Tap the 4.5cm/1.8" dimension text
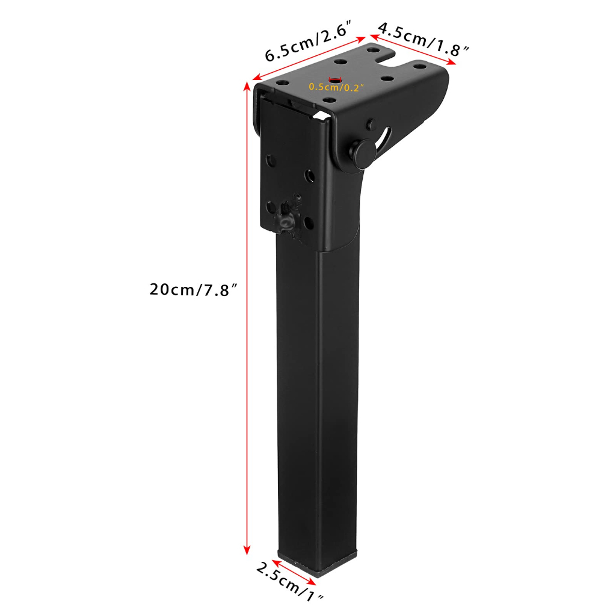[423, 39]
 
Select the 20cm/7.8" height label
[194, 289]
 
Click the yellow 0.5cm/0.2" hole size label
[336, 87]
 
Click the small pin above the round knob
[371, 124]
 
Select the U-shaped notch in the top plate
[389, 60]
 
